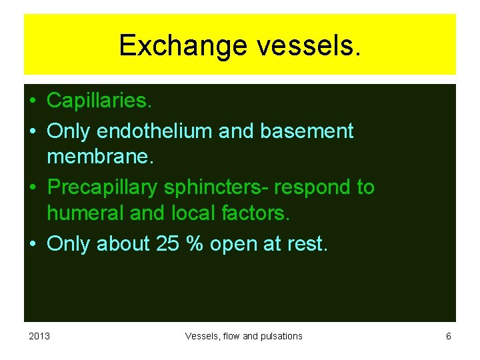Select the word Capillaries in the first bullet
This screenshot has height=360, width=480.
(x=98, y=101)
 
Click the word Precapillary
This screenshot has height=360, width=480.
(x=103, y=187)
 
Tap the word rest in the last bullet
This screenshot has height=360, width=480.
(x=306, y=244)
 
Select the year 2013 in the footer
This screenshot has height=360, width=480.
(x=39, y=336)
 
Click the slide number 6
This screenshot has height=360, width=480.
(x=449, y=336)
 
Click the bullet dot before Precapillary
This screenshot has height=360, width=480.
(x=32, y=187)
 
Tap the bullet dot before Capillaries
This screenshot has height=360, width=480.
(x=32, y=101)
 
